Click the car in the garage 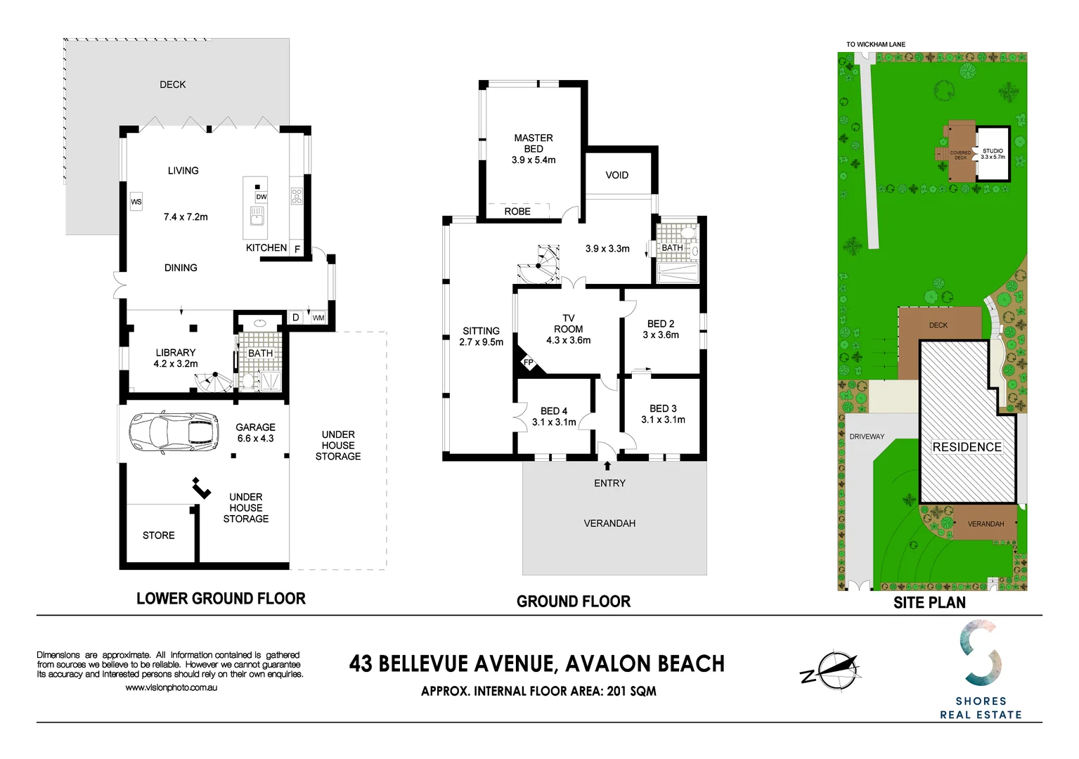click(x=174, y=431)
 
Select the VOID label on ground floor click(x=616, y=175)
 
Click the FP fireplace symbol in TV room click(x=528, y=363)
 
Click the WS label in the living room click(x=136, y=202)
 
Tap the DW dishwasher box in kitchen click(x=261, y=197)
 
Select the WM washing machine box click(x=318, y=318)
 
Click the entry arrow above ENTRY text click(x=607, y=465)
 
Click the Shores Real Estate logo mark click(x=981, y=653)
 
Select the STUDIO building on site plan click(x=993, y=155)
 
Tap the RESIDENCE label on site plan click(x=967, y=447)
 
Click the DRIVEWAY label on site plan click(x=867, y=436)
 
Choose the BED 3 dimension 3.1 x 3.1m click(x=663, y=420)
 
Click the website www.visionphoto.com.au click(x=171, y=687)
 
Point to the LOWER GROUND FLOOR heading click(x=221, y=599)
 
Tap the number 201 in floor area click(x=616, y=691)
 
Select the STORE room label click(x=159, y=536)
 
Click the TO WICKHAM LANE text click(x=875, y=44)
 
